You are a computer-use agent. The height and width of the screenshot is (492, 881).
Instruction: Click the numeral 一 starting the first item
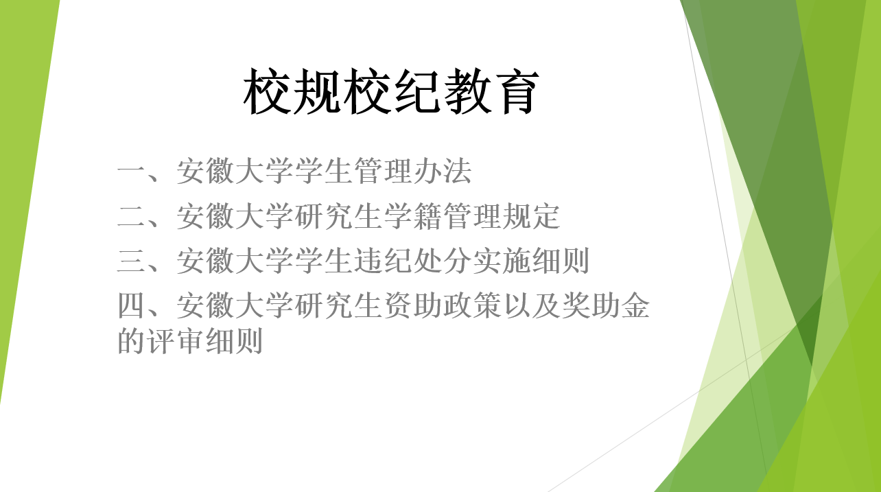click(x=132, y=172)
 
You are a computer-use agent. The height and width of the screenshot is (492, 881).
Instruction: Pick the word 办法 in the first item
click(x=443, y=171)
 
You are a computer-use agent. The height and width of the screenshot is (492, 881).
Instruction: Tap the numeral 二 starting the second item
click(x=132, y=216)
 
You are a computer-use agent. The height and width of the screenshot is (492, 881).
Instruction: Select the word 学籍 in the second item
click(x=413, y=216)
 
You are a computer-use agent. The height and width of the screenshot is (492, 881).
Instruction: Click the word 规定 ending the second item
click(x=531, y=216)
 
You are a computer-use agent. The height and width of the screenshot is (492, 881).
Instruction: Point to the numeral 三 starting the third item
click(x=132, y=260)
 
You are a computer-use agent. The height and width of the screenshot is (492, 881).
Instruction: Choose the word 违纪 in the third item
click(x=384, y=260)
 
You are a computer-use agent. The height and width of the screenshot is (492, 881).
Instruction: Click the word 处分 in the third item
click(x=443, y=260)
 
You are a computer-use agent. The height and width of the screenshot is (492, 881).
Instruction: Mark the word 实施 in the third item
click(x=502, y=260)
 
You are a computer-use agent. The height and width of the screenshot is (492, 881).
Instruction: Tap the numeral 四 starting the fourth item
click(x=132, y=305)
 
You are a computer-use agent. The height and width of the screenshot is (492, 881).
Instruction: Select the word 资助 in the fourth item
click(x=413, y=305)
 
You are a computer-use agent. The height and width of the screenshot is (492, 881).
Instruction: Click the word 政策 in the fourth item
click(x=472, y=305)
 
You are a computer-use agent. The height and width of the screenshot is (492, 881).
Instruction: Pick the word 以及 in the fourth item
click(x=531, y=305)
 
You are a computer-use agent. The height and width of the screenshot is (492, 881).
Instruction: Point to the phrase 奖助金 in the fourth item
click(x=605, y=305)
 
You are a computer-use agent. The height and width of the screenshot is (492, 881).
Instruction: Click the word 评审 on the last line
click(x=176, y=340)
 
